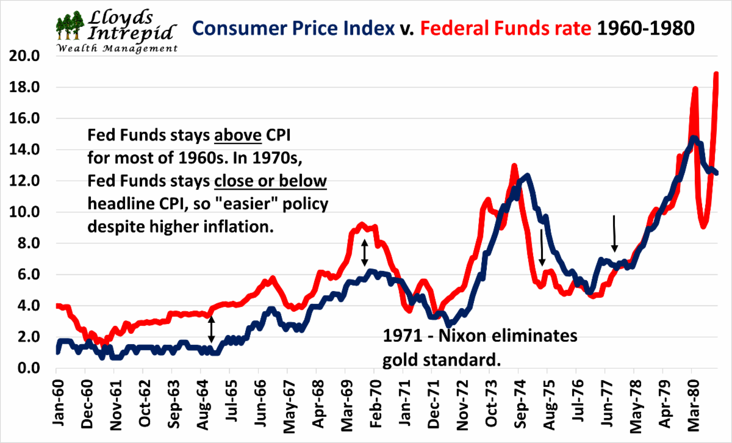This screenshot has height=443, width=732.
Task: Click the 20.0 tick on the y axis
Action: click(x=26, y=56)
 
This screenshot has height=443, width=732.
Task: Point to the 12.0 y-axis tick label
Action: click(x=26, y=181)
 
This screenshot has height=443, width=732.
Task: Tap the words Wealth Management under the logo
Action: click(x=116, y=48)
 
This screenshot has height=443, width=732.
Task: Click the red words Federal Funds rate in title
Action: click(x=506, y=29)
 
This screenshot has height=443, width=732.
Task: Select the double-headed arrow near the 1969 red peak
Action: click(x=365, y=253)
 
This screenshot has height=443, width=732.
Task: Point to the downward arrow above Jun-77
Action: click(x=615, y=234)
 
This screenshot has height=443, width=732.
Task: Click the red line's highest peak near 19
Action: click(x=717, y=74)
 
